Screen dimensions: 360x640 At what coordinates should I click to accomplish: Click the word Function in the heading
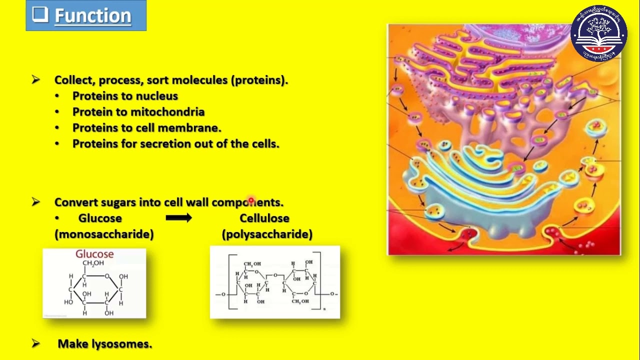pyautogui.click(x=92, y=16)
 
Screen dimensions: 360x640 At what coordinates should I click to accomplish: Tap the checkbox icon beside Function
pyautogui.click(x=40, y=14)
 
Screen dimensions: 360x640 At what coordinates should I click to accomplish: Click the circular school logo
pyautogui.click(x=598, y=33)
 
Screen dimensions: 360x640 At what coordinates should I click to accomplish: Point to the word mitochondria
pyautogui.click(x=167, y=112)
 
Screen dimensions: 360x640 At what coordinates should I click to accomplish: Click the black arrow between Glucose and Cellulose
pyautogui.click(x=178, y=218)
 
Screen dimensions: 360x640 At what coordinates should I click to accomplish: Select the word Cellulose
pyautogui.click(x=264, y=218)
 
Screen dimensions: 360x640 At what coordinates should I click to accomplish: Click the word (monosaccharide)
pyautogui.click(x=104, y=234)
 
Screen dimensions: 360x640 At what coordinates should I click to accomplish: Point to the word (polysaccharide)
pyautogui.click(x=267, y=234)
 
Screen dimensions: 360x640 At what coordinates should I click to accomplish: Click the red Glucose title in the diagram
pyautogui.click(x=94, y=254)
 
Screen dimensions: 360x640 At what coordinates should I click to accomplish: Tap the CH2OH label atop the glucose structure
pyautogui.click(x=93, y=263)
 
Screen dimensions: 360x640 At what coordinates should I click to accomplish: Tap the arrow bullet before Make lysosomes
pyautogui.click(x=35, y=343)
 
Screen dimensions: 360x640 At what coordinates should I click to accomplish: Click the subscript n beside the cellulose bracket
pyautogui.click(x=324, y=309)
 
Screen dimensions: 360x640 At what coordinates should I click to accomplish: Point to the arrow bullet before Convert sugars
pyautogui.click(x=35, y=202)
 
